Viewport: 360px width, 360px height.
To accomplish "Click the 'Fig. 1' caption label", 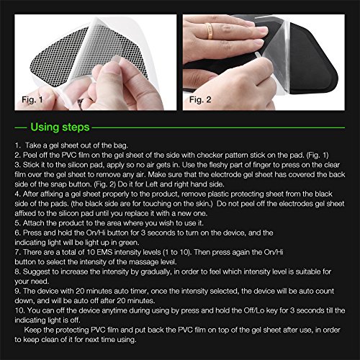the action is click(32, 99).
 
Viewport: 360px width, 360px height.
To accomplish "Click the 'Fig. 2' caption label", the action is click(200, 99).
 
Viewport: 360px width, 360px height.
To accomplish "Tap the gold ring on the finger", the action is click(209, 31).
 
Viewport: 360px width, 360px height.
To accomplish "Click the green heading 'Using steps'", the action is click(60, 127).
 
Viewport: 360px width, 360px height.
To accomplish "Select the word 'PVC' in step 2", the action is click(69, 155).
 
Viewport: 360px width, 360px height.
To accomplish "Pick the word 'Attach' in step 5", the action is click(33, 223).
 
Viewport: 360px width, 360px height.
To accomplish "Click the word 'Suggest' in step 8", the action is click(36, 271).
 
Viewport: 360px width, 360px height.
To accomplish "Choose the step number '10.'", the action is click(19, 310).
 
